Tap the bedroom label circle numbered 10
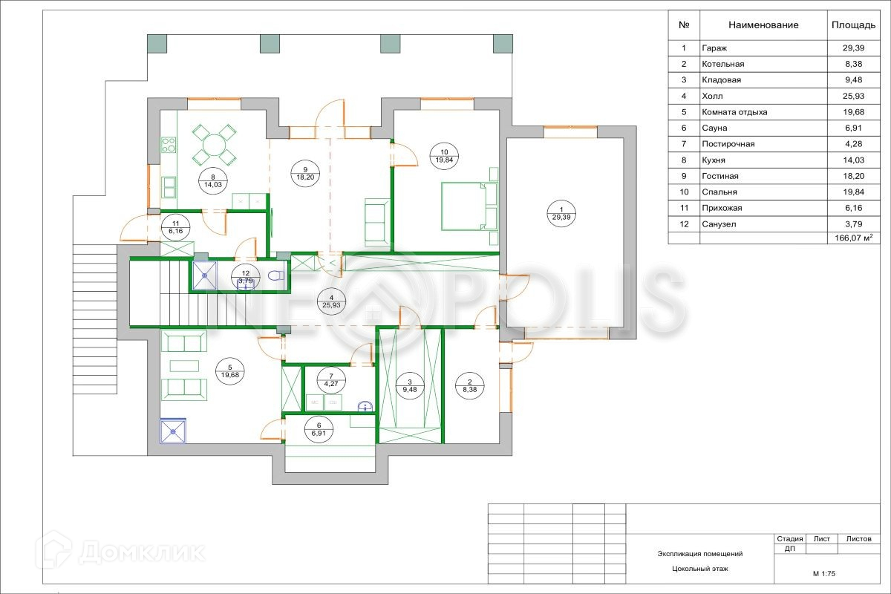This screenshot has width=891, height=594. pos(444,156)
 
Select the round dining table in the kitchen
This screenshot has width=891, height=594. pos(214,145)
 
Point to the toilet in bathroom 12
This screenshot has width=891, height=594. pos(275,275)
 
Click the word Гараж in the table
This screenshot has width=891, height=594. pos(714,48)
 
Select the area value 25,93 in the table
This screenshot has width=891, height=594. pos(853,96)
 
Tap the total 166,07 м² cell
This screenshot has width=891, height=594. pos(854,238)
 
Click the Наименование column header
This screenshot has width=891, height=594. pos(763,25)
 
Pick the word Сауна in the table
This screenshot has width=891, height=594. pos(714,128)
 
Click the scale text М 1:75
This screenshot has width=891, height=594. pos(823,574)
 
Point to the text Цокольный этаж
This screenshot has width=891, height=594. pos(700,569)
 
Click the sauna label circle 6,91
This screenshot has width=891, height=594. pos(319,430)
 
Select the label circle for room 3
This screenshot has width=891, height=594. pos(410,386)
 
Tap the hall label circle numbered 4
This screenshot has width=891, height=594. pos(331,301)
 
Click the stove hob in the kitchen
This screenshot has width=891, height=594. pos(169,145)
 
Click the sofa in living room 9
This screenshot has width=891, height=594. pos(376,223)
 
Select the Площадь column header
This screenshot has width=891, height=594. pos(853,25)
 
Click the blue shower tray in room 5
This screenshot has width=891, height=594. pos(173,431)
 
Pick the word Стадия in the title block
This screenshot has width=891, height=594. pos(789,539)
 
